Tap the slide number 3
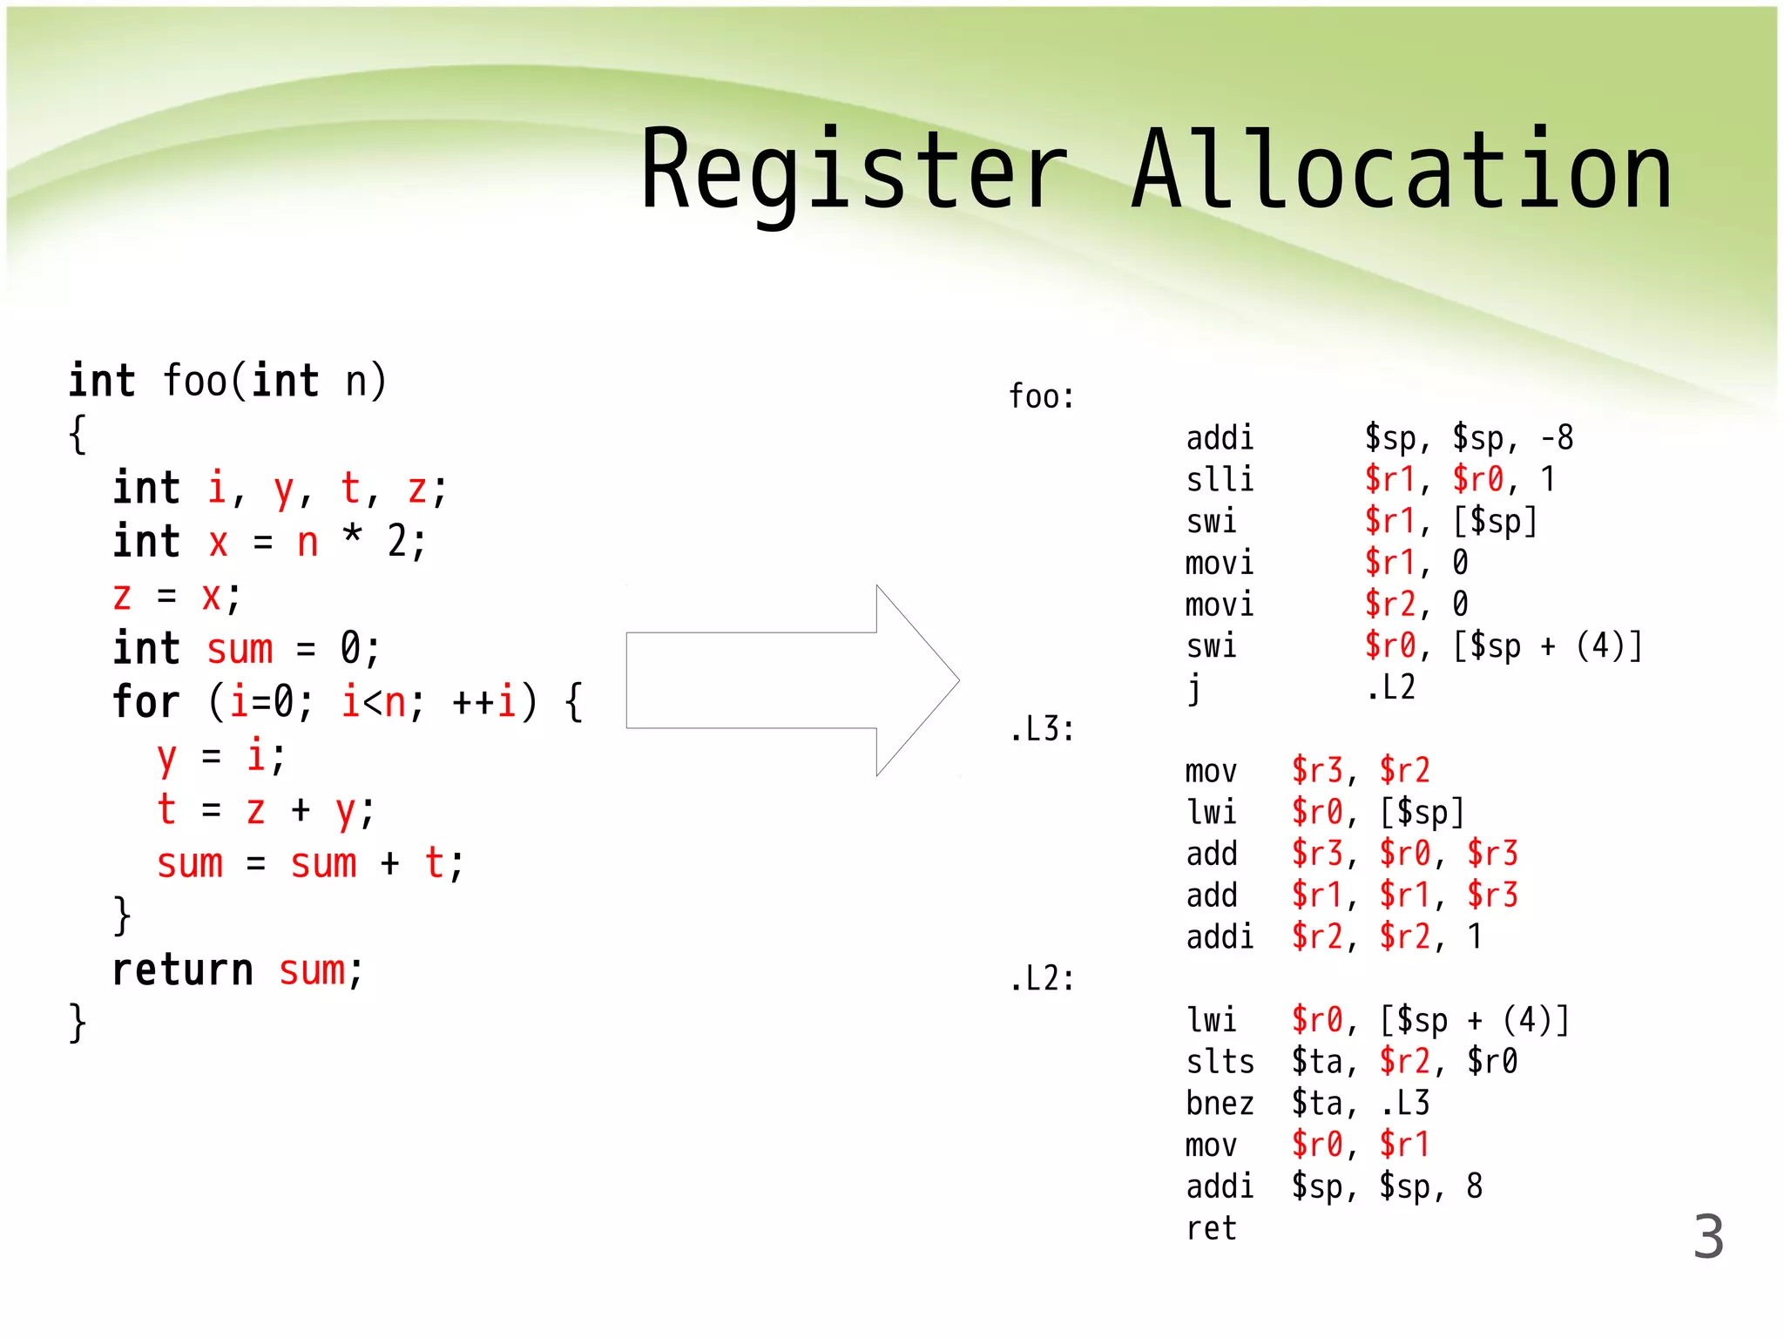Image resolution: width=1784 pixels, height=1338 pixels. [1707, 1237]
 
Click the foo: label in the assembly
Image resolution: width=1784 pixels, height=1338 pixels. [1041, 397]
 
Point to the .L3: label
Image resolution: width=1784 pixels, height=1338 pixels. [1042, 730]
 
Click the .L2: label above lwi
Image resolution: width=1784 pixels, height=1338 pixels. [1042, 979]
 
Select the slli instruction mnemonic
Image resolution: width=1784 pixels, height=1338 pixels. [1220, 480]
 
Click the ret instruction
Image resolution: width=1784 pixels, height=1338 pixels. [1211, 1228]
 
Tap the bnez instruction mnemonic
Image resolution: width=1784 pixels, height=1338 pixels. [1220, 1104]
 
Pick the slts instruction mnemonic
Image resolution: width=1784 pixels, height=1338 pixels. [1220, 1062]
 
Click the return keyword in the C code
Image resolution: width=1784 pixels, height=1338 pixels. [183, 970]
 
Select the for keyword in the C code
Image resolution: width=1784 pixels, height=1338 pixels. [145, 702]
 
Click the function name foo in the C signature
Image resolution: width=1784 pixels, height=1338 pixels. [195, 382]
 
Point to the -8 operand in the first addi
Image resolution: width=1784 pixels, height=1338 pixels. [1557, 438]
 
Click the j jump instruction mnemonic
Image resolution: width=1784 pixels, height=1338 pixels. [1194, 689]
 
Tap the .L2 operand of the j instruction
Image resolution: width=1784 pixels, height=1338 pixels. [1390, 688]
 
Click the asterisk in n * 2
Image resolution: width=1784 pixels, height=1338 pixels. [352, 535]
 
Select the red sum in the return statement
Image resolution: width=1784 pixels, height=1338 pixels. [311, 970]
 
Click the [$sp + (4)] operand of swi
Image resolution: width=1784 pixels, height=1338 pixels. [1547, 646]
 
